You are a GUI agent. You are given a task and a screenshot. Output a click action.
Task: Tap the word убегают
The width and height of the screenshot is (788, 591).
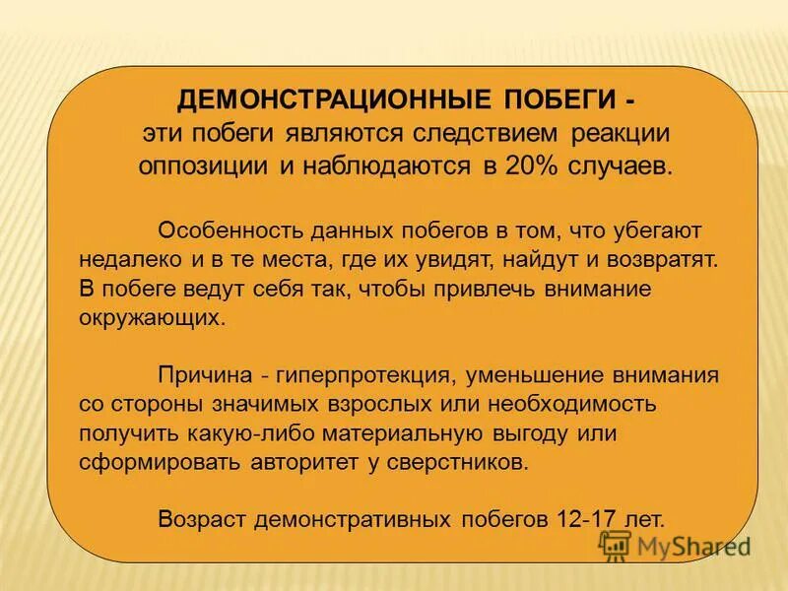tap(649, 230)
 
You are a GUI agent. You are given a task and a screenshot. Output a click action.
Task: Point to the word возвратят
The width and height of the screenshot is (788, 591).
tap(670, 260)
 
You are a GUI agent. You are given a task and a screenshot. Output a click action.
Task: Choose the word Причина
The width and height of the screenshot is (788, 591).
tap(202, 375)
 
